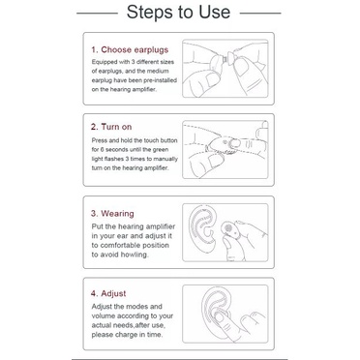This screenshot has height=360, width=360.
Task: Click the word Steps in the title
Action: [149, 13]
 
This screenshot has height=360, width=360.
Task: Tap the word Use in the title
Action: [215, 12]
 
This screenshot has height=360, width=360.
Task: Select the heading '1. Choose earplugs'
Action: [130, 49]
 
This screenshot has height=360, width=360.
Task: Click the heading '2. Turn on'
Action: [111, 127]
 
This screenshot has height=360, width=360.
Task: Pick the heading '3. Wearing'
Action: [112, 214]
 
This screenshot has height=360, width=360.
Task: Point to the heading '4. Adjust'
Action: [108, 293]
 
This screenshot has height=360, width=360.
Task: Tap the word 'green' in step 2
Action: [161, 150]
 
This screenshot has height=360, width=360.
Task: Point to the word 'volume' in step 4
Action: [104, 315]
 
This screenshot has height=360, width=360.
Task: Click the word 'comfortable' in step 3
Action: [120, 245]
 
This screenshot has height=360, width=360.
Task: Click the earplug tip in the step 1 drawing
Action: [229, 59]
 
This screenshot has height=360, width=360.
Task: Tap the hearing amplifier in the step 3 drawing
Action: [227, 229]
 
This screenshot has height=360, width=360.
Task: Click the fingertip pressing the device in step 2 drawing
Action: [235, 142]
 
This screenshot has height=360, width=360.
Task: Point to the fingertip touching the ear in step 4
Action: [220, 317]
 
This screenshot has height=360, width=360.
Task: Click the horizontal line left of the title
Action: [97, 14]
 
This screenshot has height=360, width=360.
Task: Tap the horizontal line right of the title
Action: [260, 14]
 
